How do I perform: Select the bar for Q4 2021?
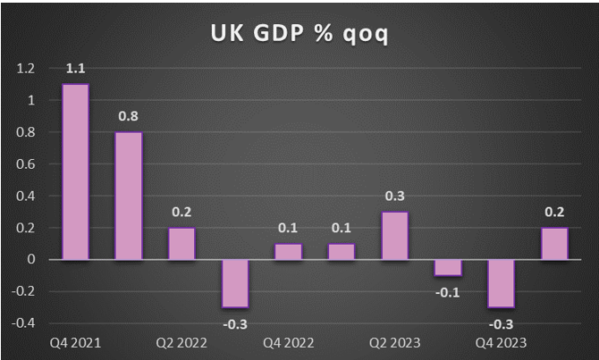coord(75,172)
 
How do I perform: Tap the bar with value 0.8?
coord(129,196)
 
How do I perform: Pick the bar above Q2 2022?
coord(181,243)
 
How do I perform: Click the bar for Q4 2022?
coord(288,251)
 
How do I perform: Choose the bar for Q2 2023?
coord(394,236)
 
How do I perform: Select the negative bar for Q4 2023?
coord(501,283)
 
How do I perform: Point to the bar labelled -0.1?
coord(448,267)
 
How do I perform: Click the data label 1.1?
coord(75,69)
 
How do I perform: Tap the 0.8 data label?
coord(129,116)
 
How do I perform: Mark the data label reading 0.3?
coord(394,196)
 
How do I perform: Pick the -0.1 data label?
coord(448,290)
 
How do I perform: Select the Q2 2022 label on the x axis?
coord(181,342)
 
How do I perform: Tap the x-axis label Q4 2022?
coord(287,342)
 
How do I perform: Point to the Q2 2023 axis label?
coord(393,342)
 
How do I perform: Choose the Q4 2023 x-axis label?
coord(500,342)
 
